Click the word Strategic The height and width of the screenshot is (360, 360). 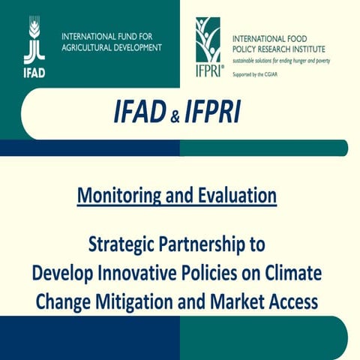point(123,244)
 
